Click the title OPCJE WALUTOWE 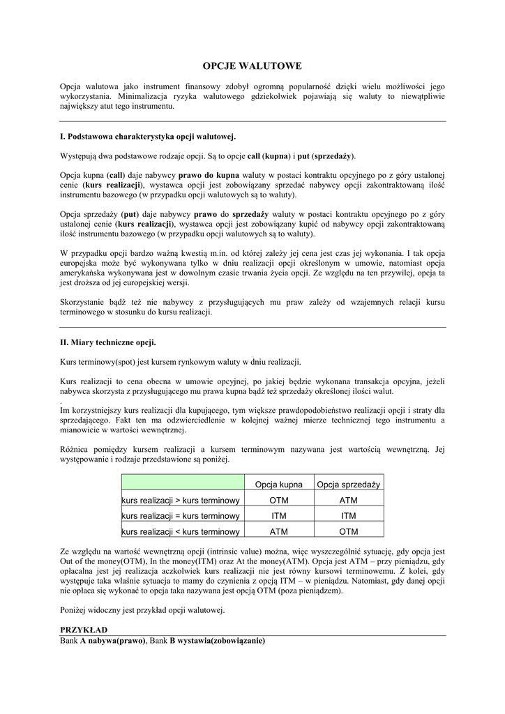[252, 66]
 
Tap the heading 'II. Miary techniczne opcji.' [108, 342]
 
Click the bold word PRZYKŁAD [83, 629]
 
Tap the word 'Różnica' [76, 450]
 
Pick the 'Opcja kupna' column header [279, 485]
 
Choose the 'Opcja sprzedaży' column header [349, 485]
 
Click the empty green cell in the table [182, 485]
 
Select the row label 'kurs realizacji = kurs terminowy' [181, 516]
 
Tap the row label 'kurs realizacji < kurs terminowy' [181, 532]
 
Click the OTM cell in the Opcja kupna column [279, 501]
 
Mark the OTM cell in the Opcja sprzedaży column [349, 532]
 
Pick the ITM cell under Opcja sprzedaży [349, 516]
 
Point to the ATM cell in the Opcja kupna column [279, 532]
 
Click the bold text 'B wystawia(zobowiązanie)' [218, 640]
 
